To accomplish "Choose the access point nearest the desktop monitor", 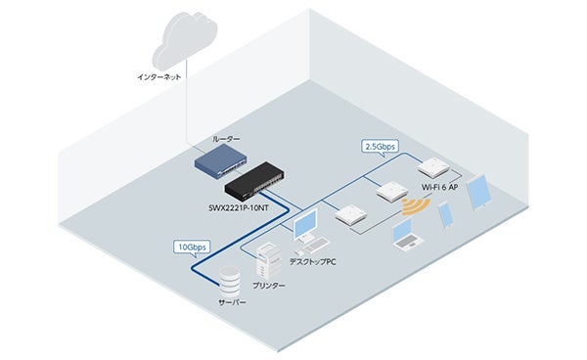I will tap(349, 216).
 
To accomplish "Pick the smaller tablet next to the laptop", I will tap(444, 214).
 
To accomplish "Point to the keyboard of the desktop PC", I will tap(311, 245).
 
